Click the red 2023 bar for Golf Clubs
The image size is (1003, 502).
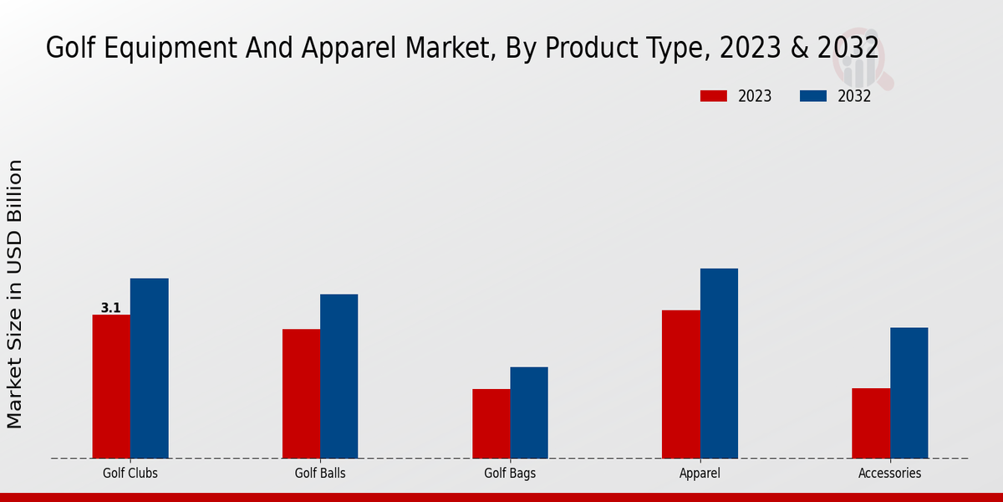click(x=111, y=387)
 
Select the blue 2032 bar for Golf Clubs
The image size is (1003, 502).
click(x=149, y=368)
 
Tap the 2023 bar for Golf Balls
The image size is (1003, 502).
click(x=301, y=393)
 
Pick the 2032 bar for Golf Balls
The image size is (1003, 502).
click(x=339, y=376)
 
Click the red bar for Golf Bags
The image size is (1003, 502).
click(x=491, y=423)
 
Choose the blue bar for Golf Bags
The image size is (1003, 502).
click(x=529, y=412)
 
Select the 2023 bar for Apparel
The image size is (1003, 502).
click(x=680, y=384)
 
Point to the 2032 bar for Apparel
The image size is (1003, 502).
click(x=719, y=363)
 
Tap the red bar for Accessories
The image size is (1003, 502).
click(x=871, y=423)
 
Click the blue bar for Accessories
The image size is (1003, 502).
click(x=909, y=392)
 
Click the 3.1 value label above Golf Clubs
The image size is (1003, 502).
click(x=111, y=308)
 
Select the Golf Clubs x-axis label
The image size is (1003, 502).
click(x=130, y=473)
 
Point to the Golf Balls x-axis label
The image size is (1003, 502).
click(x=320, y=473)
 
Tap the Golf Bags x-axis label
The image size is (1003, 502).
click(x=510, y=473)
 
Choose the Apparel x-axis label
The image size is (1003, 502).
click(x=700, y=473)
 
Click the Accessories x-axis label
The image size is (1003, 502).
click(x=889, y=473)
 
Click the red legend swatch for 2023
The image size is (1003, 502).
click(x=713, y=96)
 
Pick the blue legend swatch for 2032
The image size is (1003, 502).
click(x=812, y=96)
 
